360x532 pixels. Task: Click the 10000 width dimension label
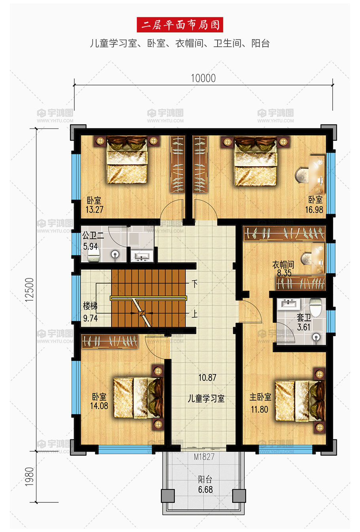203,78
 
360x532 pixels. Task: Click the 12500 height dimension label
30,290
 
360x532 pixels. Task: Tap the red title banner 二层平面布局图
180,25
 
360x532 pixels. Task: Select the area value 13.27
95,210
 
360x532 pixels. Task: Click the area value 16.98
314,210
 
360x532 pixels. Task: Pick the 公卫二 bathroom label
93,236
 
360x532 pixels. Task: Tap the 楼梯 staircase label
90,306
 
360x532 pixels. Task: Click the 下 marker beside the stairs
195,284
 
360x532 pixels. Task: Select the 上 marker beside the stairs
195,314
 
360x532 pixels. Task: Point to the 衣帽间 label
283,265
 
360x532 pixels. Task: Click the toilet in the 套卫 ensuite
315,307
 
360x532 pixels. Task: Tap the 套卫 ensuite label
304,318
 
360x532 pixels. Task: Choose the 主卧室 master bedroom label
260,397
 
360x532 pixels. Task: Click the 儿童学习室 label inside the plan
206,399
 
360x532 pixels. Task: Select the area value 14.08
99,406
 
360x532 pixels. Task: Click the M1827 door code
204,456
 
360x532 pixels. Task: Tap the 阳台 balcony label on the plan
205,479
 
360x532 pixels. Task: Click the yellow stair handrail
148,298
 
